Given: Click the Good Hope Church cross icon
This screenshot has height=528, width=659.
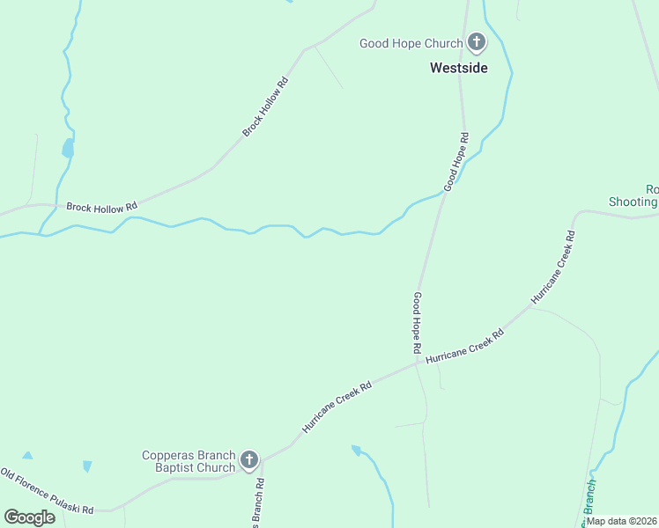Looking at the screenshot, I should pyautogui.click(x=476, y=42).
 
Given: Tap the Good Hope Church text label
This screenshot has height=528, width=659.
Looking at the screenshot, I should pyautogui.click(x=411, y=43).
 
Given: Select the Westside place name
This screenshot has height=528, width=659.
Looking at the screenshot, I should pyautogui.click(x=458, y=67).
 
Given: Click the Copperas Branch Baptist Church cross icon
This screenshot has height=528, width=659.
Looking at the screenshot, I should pyautogui.click(x=249, y=460).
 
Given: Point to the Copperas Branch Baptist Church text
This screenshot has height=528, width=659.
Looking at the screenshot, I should pyautogui.click(x=189, y=461).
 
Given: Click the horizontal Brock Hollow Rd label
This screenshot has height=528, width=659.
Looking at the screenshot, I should pyautogui.click(x=101, y=206).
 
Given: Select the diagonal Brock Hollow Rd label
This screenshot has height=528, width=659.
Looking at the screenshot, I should pyautogui.click(x=265, y=106).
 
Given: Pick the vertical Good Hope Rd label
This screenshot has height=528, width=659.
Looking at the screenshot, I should pyautogui.click(x=417, y=323).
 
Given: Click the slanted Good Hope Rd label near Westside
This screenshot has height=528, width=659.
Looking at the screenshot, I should pyautogui.click(x=456, y=162).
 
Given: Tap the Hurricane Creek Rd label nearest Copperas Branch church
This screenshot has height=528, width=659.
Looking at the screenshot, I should pyautogui.click(x=337, y=406).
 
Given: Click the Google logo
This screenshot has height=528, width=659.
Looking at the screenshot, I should pyautogui.click(x=29, y=517).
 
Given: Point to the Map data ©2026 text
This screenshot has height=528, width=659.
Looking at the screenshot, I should pyautogui.click(x=620, y=521).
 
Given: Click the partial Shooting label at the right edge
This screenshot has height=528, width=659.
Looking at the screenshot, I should pyautogui.click(x=633, y=202).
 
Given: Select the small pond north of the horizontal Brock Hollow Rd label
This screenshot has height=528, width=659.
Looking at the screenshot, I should pyautogui.click(x=68, y=149).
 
